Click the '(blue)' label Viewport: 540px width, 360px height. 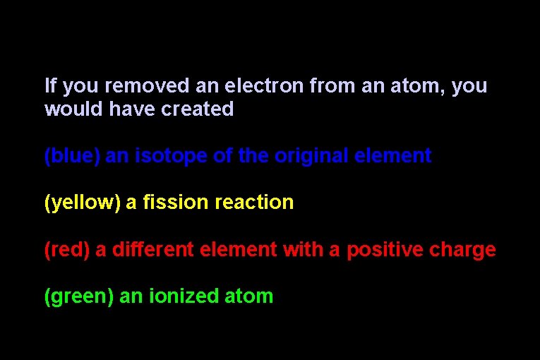pyautogui.click(x=72, y=156)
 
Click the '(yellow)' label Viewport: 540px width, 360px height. pyautogui.click(x=82, y=203)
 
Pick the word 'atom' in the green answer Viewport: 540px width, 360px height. pyautogui.click(x=248, y=296)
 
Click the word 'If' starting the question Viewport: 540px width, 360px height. pyautogui.click(x=49, y=86)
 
